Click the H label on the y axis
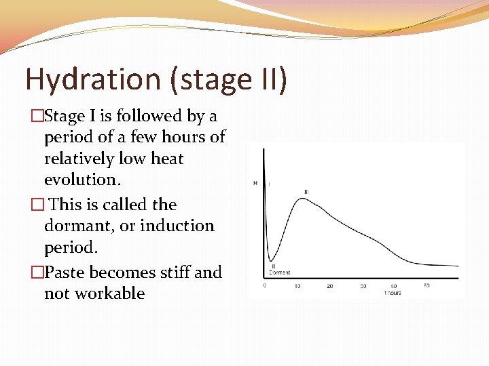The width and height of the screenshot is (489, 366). (x=255, y=183)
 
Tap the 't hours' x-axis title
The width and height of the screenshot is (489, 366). (x=393, y=293)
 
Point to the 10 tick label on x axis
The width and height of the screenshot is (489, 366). (x=297, y=286)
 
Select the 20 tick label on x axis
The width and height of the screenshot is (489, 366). (x=329, y=286)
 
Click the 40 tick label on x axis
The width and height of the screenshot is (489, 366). (x=394, y=286)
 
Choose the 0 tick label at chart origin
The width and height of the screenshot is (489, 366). (x=265, y=286)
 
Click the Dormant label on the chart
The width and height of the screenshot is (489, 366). (x=279, y=272)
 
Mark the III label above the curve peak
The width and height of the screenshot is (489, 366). (x=306, y=192)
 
